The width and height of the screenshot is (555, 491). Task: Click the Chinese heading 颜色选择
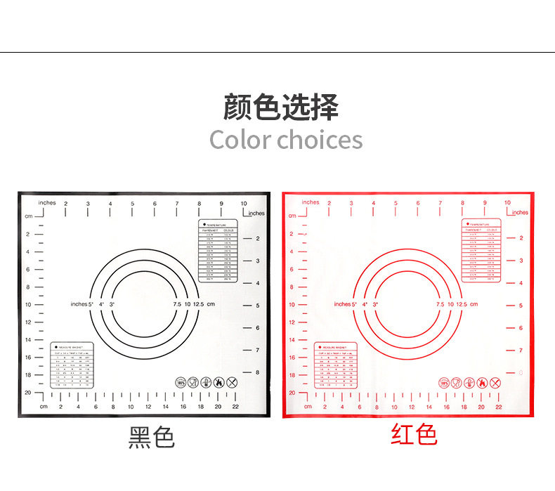(281, 107)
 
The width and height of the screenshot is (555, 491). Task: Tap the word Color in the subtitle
(240, 139)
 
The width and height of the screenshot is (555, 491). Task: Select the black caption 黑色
(151, 438)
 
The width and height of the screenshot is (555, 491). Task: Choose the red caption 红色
(414, 435)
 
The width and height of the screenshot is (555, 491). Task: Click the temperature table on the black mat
(218, 251)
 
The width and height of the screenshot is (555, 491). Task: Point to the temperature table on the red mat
(481, 251)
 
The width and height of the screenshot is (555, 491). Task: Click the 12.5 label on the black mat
(199, 304)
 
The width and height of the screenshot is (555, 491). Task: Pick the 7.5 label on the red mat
(440, 304)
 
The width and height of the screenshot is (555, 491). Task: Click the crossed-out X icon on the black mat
(233, 383)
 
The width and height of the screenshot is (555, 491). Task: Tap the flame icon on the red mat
(482, 383)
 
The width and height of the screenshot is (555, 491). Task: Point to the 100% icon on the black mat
(181, 383)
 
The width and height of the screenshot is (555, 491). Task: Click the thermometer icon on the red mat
(469, 383)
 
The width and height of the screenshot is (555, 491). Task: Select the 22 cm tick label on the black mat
(235, 407)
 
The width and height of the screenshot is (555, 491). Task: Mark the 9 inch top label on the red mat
(485, 203)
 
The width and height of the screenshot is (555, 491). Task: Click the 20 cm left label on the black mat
(28, 393)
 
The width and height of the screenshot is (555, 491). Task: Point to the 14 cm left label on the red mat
(292, 339)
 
